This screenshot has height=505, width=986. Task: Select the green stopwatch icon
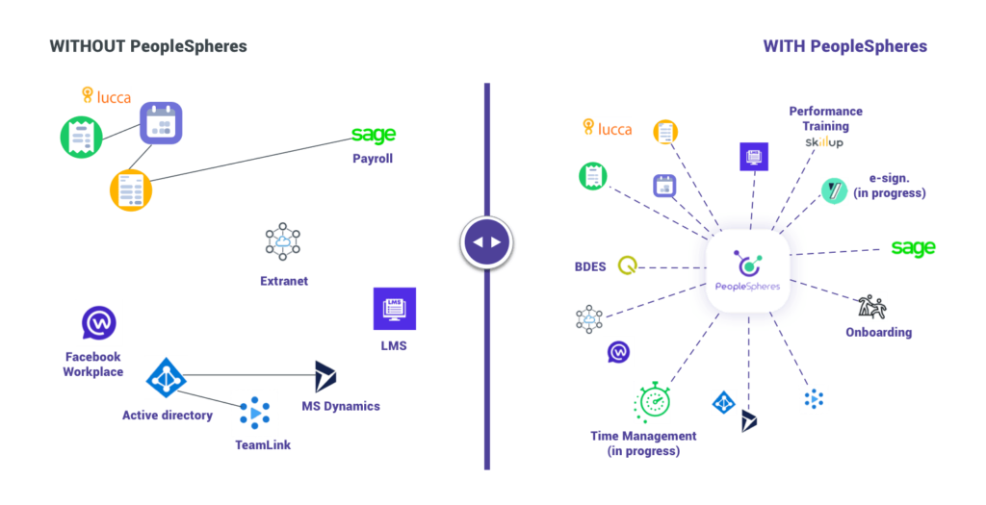(x=655, y=405)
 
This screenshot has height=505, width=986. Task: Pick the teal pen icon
(x=834, y=190)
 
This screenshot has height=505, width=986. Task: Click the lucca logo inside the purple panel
(x=607, y=128)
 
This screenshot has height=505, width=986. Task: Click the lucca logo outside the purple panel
(x=106, y=96)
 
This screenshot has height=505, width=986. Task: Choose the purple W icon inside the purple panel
(x=617, y=354)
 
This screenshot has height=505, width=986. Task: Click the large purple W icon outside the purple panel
(x=99, y=324)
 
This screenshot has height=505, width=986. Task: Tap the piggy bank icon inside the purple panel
(x=588, y=321)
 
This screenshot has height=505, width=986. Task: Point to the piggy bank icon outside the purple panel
(x=282, y=242)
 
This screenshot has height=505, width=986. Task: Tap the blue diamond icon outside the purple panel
(x=165, y=378)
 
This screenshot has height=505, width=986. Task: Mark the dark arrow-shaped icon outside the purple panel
(x=324, y=377)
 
